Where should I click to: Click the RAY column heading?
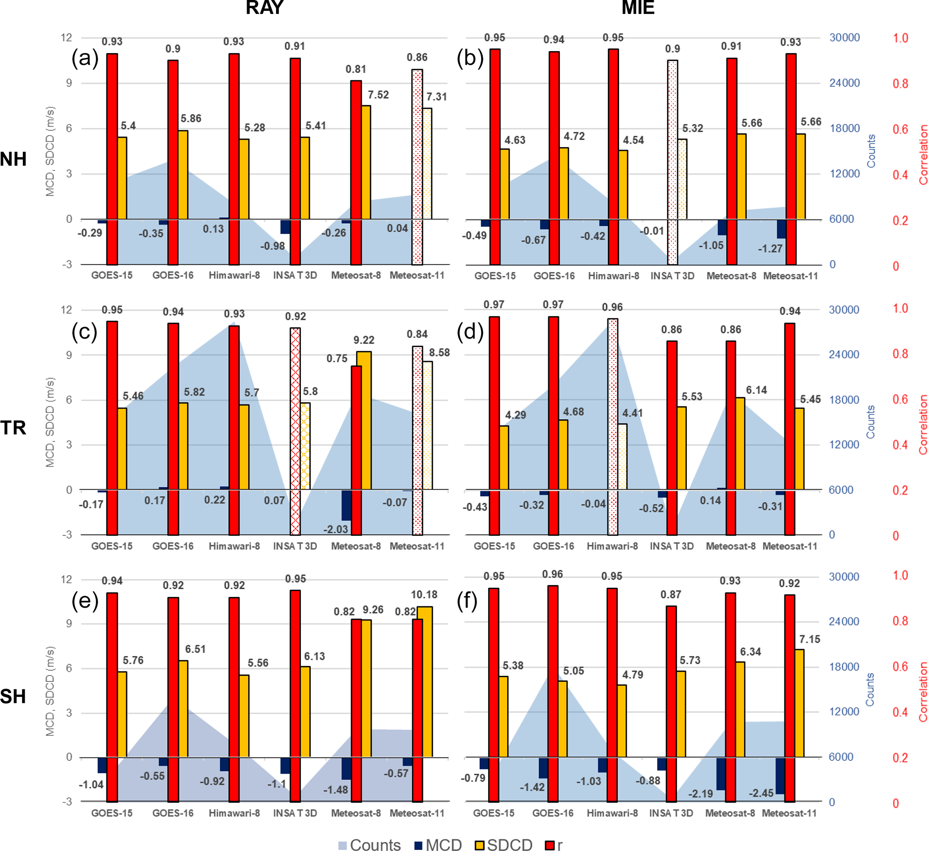coord(265,8)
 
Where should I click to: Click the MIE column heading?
coord(638,8)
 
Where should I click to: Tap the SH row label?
coord(13,696)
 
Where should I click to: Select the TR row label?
coord(13,428)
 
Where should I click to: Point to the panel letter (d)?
coord(470,331)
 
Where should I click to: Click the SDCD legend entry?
coord(504,845)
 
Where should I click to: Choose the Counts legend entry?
coord(369,845)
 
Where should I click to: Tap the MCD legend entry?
coord(438,845)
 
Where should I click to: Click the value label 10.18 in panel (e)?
coord(424,595)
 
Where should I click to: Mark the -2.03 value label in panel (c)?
coord(335,529)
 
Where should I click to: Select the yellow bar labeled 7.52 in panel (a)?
coord(366,162)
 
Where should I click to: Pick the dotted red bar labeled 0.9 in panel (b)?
coord(673,162)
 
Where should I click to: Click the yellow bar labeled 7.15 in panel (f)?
coord(799,703)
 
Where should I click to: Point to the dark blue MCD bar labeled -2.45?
coord(780,776)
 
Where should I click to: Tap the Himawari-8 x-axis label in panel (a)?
coord(234,275)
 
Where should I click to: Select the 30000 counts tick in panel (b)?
coord(844,38)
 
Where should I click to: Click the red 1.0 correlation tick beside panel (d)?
coord(900,309)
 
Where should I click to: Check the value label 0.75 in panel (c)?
coord(337,359)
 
